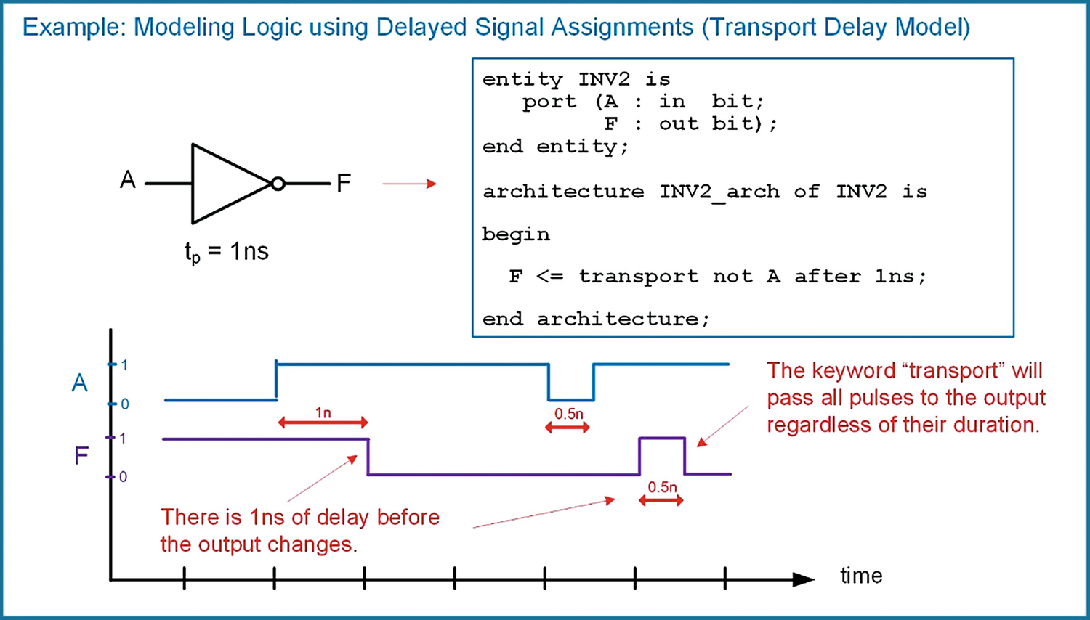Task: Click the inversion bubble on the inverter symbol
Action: (278, 184)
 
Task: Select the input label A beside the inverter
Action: (128, 180)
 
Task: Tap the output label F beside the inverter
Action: (344, 183)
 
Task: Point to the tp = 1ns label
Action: (226, 253)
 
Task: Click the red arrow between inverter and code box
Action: (409, 184)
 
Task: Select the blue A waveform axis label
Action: (79, 383)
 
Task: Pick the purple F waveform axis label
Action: (81, 456)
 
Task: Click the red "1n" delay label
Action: (323, 413)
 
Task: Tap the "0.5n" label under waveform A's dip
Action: (569, 414)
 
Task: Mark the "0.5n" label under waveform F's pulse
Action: (662, 487)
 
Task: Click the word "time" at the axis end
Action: (861, 576)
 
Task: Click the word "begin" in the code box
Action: (516, 234)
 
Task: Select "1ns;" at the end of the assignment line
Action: (900, 277)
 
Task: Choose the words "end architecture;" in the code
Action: (596, 319)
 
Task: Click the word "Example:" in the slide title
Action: (74, 28)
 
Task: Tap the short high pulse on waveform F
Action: (661, 439)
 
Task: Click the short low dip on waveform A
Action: (571, 399)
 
